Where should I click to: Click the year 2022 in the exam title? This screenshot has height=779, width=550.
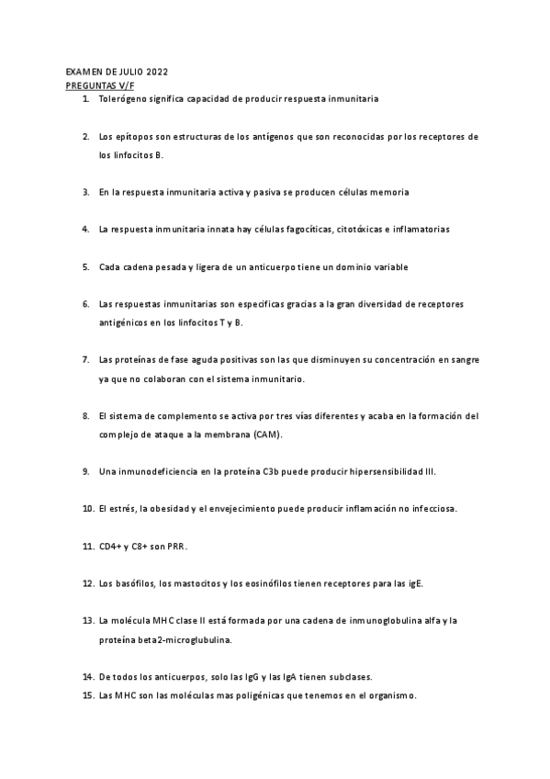155,71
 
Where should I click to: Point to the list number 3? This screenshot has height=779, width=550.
85,192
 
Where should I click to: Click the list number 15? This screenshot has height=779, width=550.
87,695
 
